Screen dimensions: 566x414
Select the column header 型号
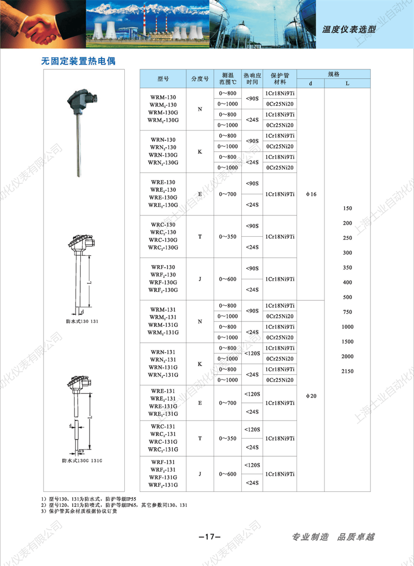click(163, 79)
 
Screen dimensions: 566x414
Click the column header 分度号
click(200, 79)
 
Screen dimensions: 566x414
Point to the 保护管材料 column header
click(280, 79)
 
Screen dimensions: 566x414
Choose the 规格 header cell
click(334, 74)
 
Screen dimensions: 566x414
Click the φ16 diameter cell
click(310, 194)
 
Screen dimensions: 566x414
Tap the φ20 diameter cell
click(310, 396)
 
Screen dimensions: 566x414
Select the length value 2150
click(347, 371)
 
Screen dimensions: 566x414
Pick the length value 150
click(347, 208)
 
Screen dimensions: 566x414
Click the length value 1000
click(347, 327)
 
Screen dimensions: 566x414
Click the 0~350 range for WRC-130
click(228, 237)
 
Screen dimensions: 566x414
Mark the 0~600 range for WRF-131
click(228, 474)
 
